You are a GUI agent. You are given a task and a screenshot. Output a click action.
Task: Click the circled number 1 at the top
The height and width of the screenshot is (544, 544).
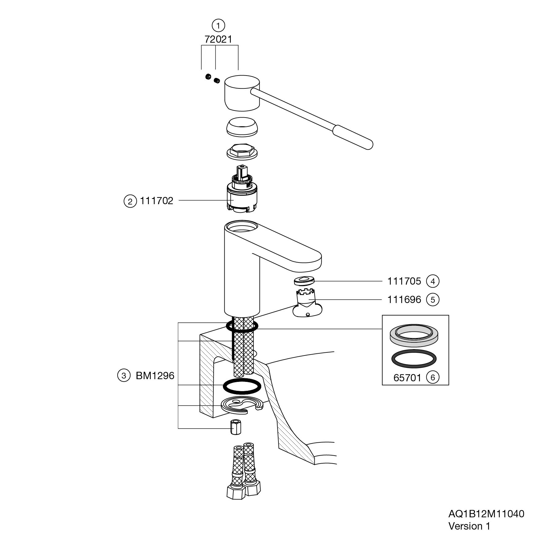pyautogui.click(x=218, y=25)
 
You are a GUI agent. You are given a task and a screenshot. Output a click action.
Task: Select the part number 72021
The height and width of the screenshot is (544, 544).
pyautogui.click(x=218, y=39)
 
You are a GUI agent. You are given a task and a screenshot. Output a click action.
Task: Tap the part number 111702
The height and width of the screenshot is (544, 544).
pyautogui.click(x=157, y=201)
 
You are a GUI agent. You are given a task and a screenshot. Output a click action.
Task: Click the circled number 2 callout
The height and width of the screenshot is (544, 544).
pyautogui.click(x=130, y=201)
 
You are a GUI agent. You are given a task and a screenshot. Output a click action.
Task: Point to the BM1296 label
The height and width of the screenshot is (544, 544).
pyautogui.click(x=155, y=376)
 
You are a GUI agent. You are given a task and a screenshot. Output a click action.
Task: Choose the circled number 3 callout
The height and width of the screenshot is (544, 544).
pyautogui.click(x=124, y=376)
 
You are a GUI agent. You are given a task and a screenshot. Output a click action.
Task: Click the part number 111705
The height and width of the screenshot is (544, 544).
pyautogui.click(x=404, y=281)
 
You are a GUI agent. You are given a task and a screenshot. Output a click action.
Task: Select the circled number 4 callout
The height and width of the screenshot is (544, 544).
pyautogui.click(x=433, y=281)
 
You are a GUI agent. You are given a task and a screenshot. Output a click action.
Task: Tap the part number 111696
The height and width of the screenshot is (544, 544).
pyautogui.click(x=404, y=299)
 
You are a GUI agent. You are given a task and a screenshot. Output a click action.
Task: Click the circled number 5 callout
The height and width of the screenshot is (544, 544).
pyautogui.click(x=433, y=300)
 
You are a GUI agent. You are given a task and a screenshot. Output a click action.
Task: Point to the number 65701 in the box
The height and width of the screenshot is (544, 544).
pyautogui.click(x=407, y=378)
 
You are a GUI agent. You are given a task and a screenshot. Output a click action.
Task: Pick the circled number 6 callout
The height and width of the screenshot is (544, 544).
pyautogui.click(x=433, y=377)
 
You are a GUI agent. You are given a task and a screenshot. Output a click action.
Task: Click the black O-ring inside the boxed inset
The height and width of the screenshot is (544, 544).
pyautogui.click(x=414, y=359)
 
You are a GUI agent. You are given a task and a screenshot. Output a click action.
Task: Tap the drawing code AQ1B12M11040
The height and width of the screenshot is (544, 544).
pyautogui.click(x=486, y=514)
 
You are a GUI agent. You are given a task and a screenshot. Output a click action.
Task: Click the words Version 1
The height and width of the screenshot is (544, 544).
pyautogui.click(x=469, y=526)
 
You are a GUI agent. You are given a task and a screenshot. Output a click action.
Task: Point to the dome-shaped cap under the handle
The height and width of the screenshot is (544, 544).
pyautogui.click(x=242, y=126)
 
